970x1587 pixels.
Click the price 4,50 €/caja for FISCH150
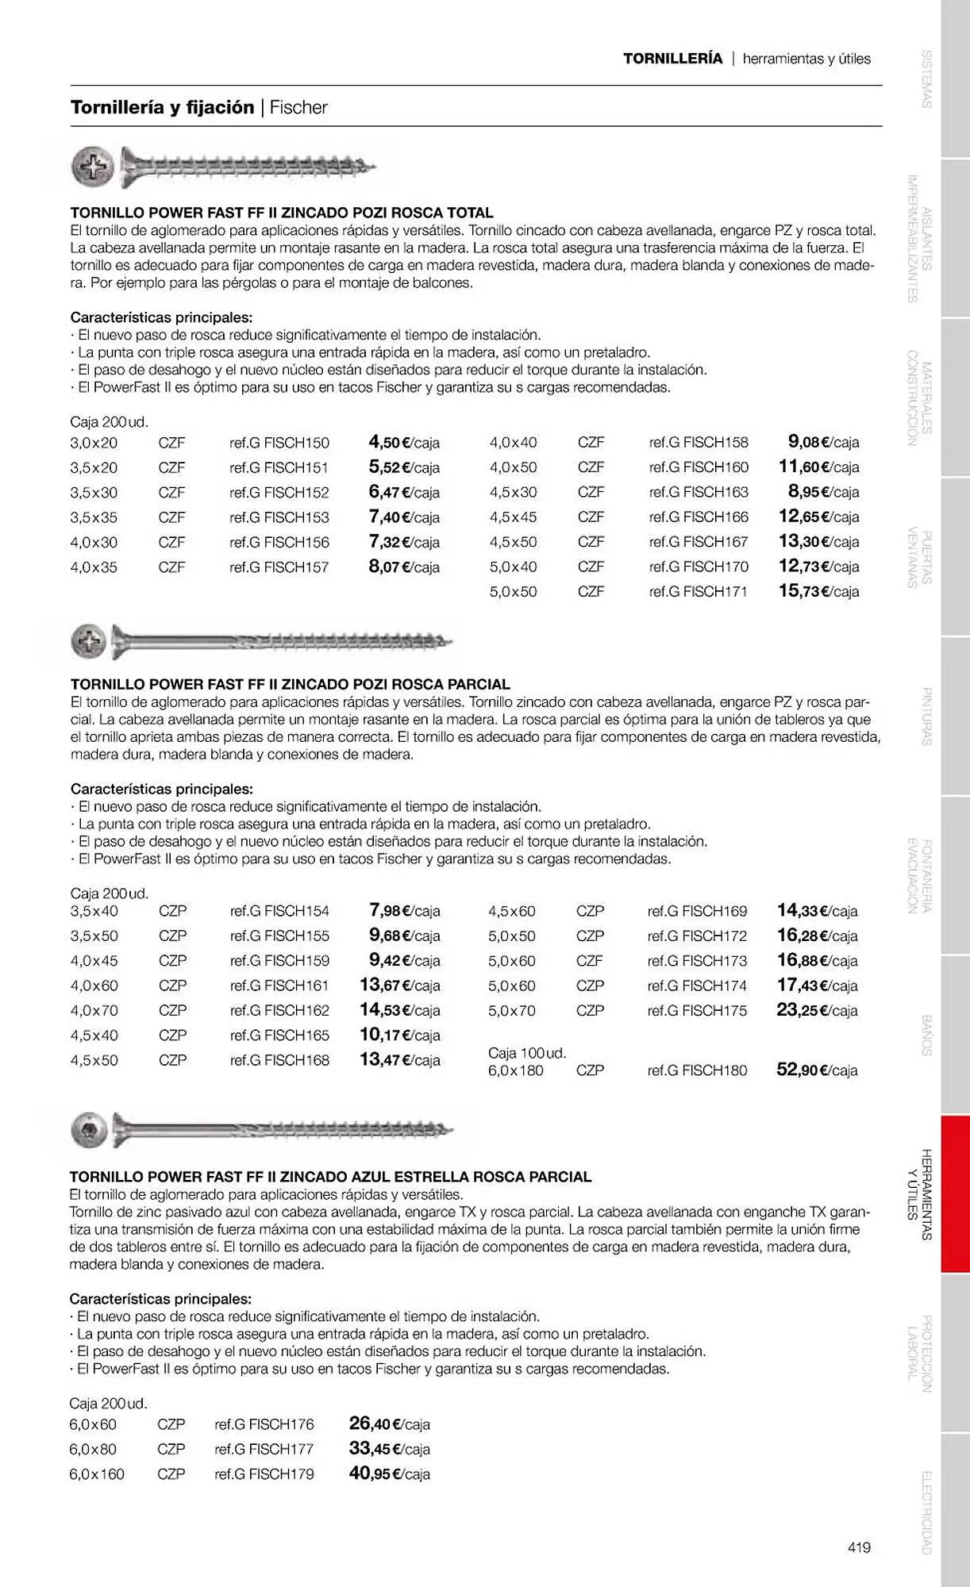pos(404,442)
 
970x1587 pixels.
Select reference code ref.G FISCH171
pos(698,592)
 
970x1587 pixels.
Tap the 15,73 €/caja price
pos(818,591)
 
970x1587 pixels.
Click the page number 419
pos(859,1547)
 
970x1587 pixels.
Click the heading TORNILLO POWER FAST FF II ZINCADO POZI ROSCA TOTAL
pos(282,213)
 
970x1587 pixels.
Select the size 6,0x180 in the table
pos(516,1070)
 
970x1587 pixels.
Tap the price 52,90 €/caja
pos(817,1070)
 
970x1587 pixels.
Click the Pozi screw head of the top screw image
pos(93,167)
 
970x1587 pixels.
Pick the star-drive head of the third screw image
pos(88,1130)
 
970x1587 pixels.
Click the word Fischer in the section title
pos(298,108)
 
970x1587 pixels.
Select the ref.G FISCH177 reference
pos(264,1449)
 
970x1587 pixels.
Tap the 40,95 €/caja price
pos(389,1474)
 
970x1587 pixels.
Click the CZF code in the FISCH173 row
pos(590,961)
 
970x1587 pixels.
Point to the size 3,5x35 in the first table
pos(94,517)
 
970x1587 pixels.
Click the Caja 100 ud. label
pos(527,1053)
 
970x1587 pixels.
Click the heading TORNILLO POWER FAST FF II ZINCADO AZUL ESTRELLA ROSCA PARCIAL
pos(330,1177)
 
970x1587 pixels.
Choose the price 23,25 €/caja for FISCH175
pos(817,1010)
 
